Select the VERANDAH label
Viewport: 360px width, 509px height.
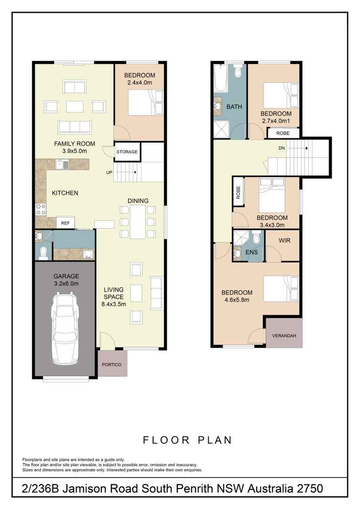point(284,335)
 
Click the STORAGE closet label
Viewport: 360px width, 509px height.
point(127,152)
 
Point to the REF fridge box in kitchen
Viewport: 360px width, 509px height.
point(66,223)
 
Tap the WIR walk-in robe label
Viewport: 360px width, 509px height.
point(284,240)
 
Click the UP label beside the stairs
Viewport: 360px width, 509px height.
point(109,172)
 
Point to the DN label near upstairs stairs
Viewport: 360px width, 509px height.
point(282,148)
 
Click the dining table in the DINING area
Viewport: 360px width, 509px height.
point(138,221)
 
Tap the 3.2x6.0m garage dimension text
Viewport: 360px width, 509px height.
point(66,284)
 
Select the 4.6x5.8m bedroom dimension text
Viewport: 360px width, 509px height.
point(236,300)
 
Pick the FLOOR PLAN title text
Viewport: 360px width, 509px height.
point(187,440)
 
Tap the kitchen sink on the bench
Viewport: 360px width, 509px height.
point(62,165)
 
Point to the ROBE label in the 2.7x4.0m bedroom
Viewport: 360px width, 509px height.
point(283,133)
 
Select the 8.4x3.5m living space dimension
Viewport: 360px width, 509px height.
point(113,304)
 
